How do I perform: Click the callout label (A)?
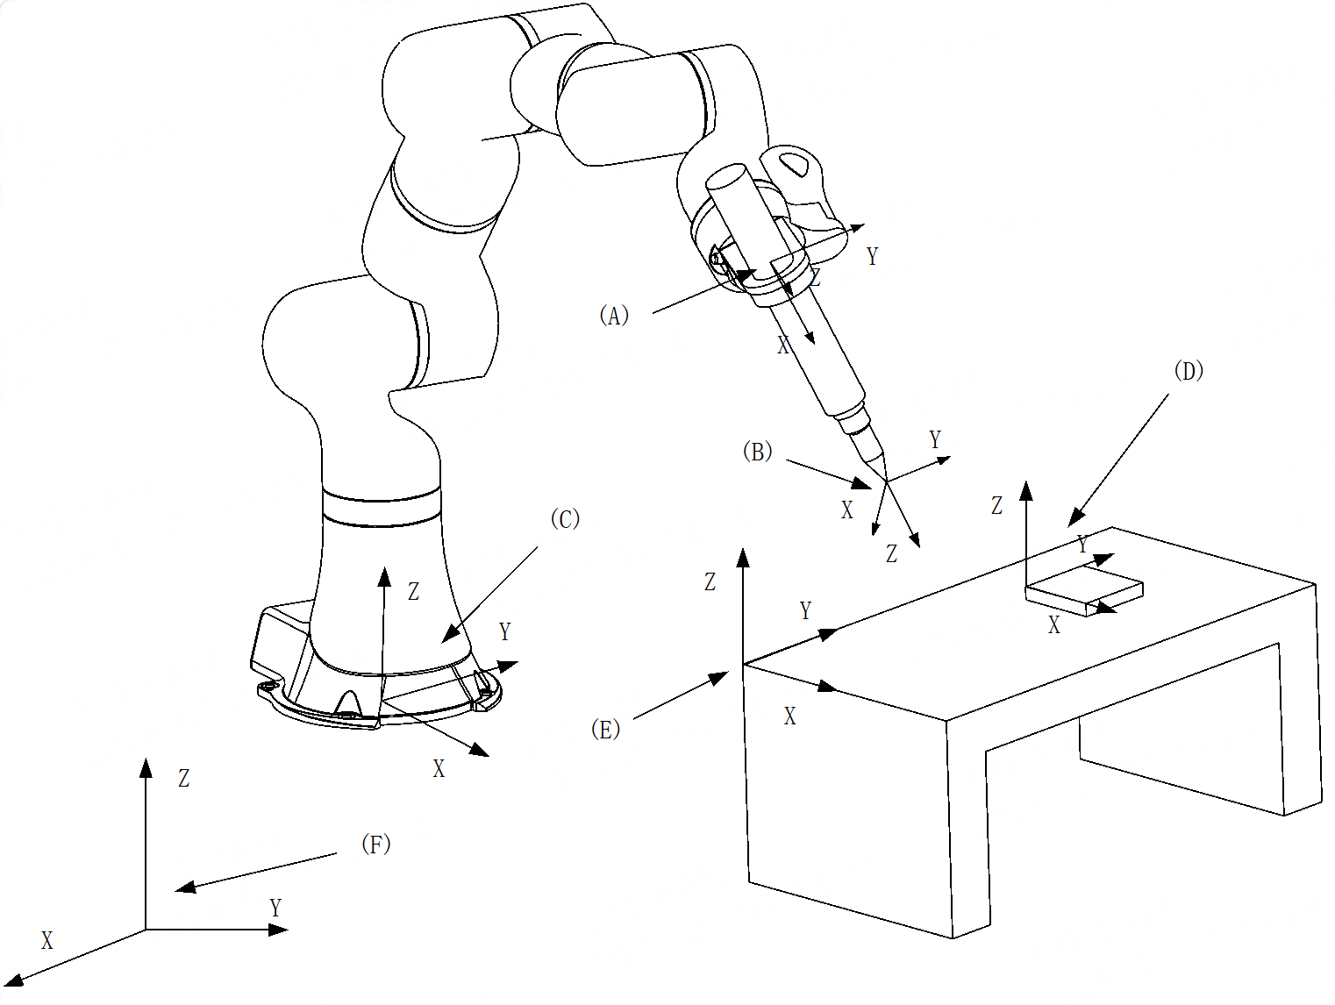click(x=614, y=316)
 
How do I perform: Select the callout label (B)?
click(x=757, y=451)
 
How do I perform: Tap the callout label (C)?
click(x=565, y=518)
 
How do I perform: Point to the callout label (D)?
click(x=1189, y=370)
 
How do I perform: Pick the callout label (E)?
click(x=605, y=729)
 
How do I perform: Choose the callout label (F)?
click(x=376, y=844)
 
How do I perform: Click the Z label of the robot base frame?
click(x=414, y=592)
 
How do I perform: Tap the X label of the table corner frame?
click(x=789, y=716)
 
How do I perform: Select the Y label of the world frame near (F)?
click(x=275, y=908)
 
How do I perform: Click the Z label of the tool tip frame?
click(x=891, y=554)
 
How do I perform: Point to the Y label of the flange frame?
click(x=872, y=256)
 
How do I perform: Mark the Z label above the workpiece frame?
click(x=996, y=505)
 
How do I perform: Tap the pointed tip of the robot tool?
click(x=886, y=481)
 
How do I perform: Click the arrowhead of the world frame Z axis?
click(x=146, y=768)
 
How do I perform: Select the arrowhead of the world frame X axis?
click(x=13, y=980)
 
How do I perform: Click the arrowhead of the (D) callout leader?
click(x=1075, y=517)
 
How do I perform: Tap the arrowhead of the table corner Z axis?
click(x=743, y=558)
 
